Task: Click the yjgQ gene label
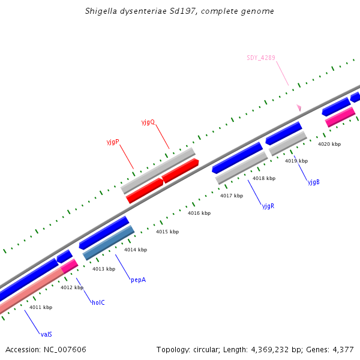click(148, 122)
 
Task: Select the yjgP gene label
click(113, 142)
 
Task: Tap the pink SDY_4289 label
click(261, 58)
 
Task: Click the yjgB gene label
click(313, 182)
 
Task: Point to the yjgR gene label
click(268, 206)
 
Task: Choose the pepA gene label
click(138, 280)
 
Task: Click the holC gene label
click(98, 302)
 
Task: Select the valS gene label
click(46, 334)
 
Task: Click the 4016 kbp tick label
click(199, 214)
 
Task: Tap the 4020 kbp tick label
click(329, 145)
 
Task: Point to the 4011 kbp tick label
click(41, 308)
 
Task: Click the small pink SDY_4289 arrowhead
click(298, 108)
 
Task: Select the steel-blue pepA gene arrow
click(109, 242)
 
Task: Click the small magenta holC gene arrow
click(69, 265)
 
